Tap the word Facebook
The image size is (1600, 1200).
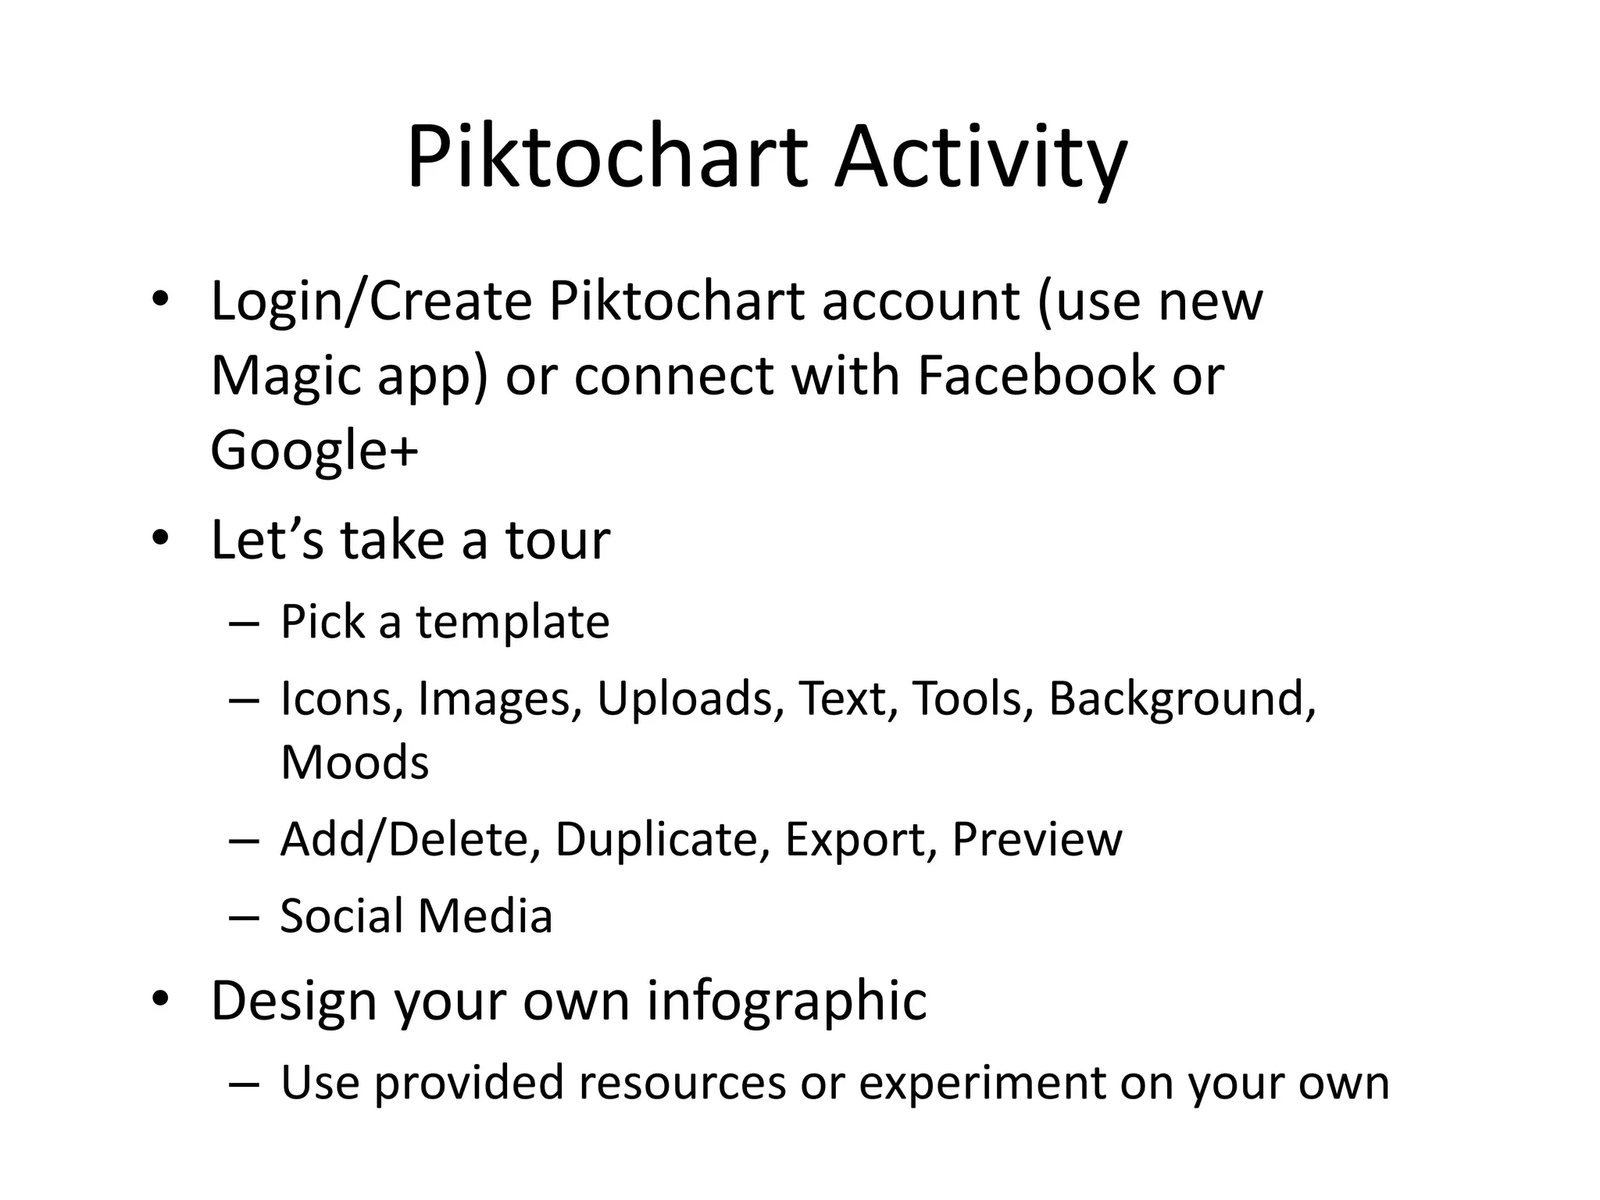pyautogui.click(x=1036, y=376)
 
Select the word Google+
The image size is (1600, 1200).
pyautogui.click(x=315, y=451)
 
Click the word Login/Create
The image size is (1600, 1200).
pyautogui.click(x=372, y=302)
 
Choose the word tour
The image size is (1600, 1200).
pyautogui.click(x=557, y=540)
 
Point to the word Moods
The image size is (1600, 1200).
pyautogui.click(x=355, y=762)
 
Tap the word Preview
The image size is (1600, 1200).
pyautogui.click(x=1037, y=839)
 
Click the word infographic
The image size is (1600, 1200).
pyautogui.click(x=787, y=1002)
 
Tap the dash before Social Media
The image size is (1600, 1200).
pyautogui.click(x=244, y=917)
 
